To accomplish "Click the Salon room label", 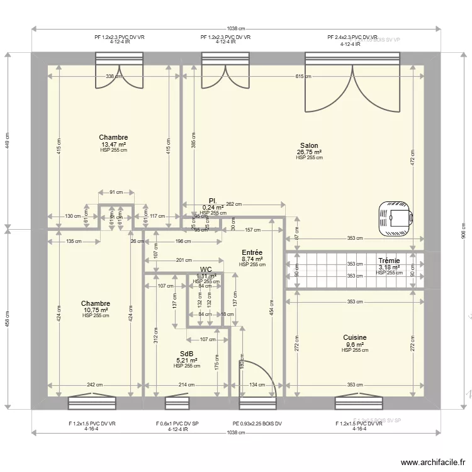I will coord(309,145).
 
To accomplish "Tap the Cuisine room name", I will coord(355,338).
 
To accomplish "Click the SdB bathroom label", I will coord(187,354).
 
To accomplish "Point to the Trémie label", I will coord(389,261).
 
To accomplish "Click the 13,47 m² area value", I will coord(113,144).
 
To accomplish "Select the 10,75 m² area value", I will coord(96,310).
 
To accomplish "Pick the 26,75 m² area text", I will coord(309,152).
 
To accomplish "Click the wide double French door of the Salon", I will coord(352,82).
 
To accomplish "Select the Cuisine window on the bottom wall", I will coord(359,402).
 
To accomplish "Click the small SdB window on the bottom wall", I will coord(177,403).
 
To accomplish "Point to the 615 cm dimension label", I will coord(303,76).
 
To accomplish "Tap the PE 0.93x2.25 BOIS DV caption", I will coord(257,424).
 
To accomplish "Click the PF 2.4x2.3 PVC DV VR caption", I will coord(352,38).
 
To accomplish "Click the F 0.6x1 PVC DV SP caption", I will coord(177,424).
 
